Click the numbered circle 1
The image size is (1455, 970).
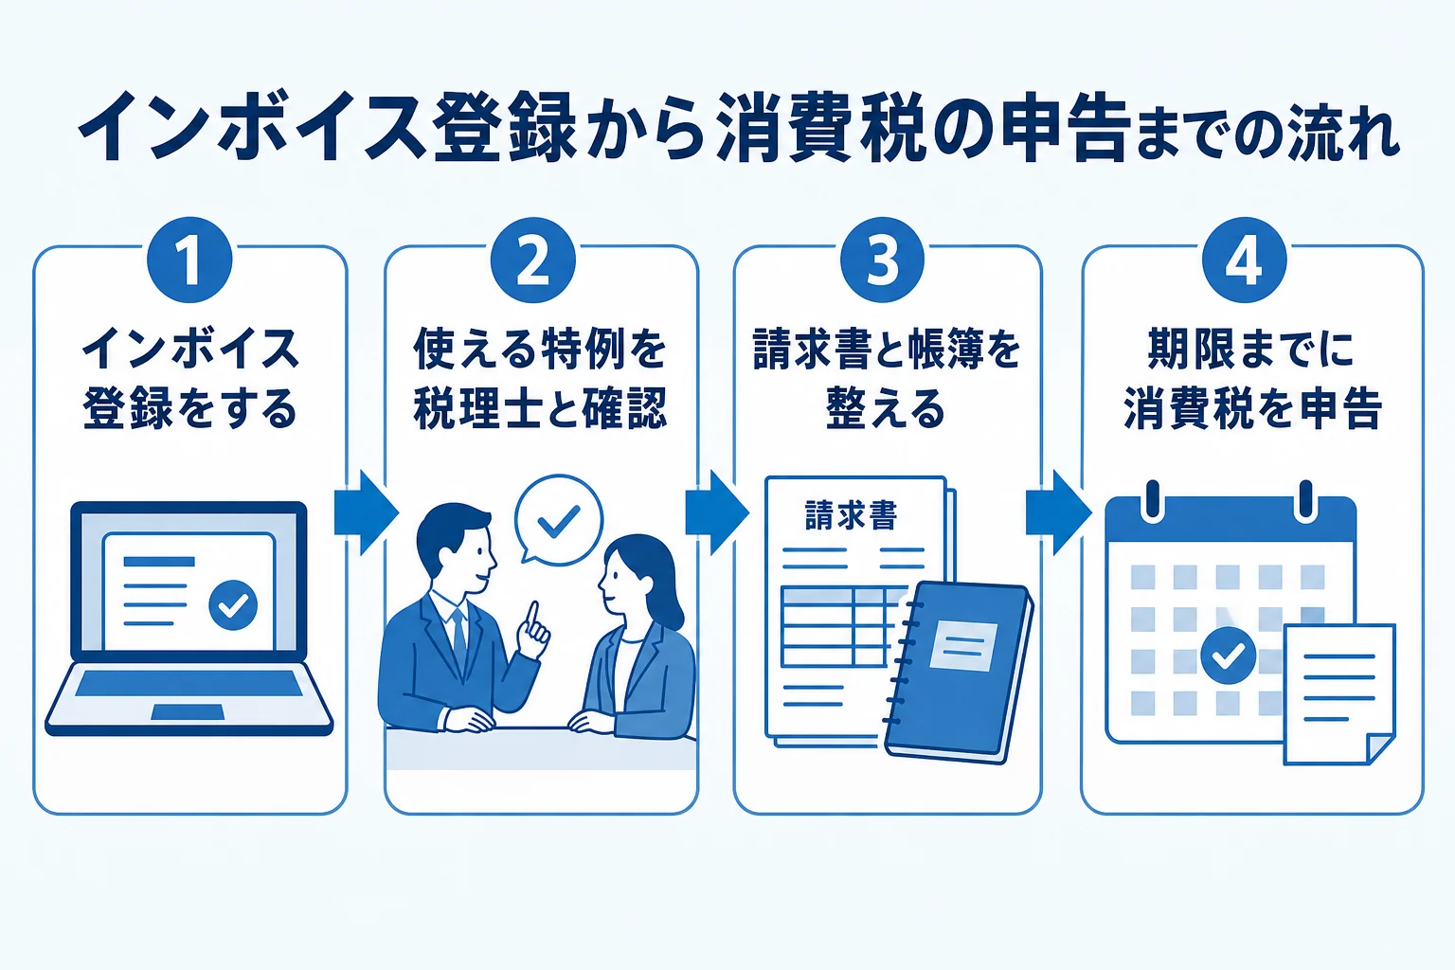point(189,260)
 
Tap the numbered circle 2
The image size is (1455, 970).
point(532,260)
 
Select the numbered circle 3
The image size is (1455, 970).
point(882,260)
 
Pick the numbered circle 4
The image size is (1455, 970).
point(1245,260)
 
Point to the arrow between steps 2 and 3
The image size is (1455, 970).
point(717,513)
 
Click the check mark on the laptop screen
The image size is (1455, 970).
point(233,605)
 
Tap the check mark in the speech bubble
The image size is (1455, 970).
point(559,521)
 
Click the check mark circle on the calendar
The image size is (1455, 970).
point(1228,656)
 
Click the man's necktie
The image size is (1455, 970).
point(459,638)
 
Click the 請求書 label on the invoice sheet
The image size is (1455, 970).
point(851,515)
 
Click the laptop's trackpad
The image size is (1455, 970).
point(188,712)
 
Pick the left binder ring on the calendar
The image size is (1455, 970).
point(1153,501)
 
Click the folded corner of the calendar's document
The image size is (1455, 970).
point(1379,749)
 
